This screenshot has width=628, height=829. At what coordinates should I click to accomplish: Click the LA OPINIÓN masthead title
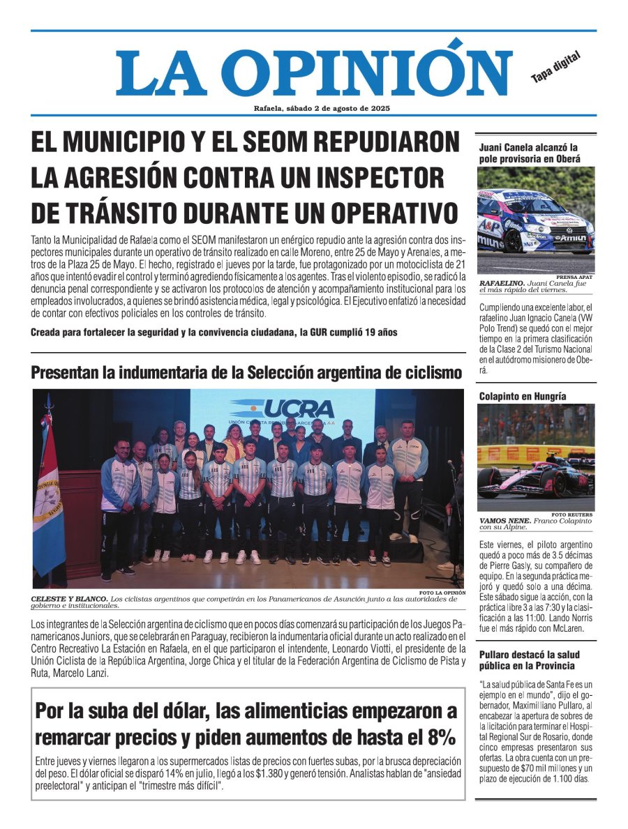314,71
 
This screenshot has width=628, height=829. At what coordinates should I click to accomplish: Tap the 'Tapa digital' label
555,68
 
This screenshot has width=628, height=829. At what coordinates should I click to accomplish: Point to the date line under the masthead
322,108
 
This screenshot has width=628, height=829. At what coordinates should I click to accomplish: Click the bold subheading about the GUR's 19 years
214,332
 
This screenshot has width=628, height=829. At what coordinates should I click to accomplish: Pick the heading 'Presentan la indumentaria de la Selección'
246,372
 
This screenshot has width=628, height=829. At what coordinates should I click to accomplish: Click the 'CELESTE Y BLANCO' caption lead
69,599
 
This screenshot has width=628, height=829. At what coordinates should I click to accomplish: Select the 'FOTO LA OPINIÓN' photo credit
442,593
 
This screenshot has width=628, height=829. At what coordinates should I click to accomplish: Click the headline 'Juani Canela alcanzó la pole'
529,153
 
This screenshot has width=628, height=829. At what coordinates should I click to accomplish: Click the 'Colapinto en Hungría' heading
523,396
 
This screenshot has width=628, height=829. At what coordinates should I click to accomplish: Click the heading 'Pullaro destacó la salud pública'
529,660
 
